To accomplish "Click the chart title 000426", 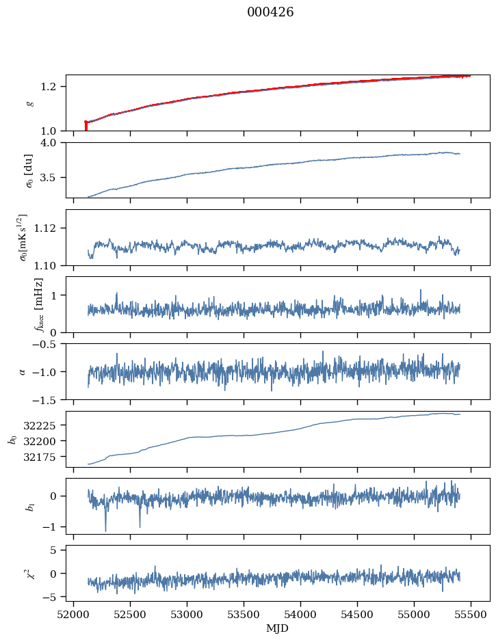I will point(270,12).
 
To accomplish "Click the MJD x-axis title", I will point(278,628).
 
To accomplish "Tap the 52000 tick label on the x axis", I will point(74,614).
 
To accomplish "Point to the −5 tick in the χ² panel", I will point(55,597).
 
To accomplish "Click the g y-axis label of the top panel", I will point(29,103).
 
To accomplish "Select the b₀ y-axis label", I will point(12,439).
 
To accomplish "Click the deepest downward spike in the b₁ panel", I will point(105,531).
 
